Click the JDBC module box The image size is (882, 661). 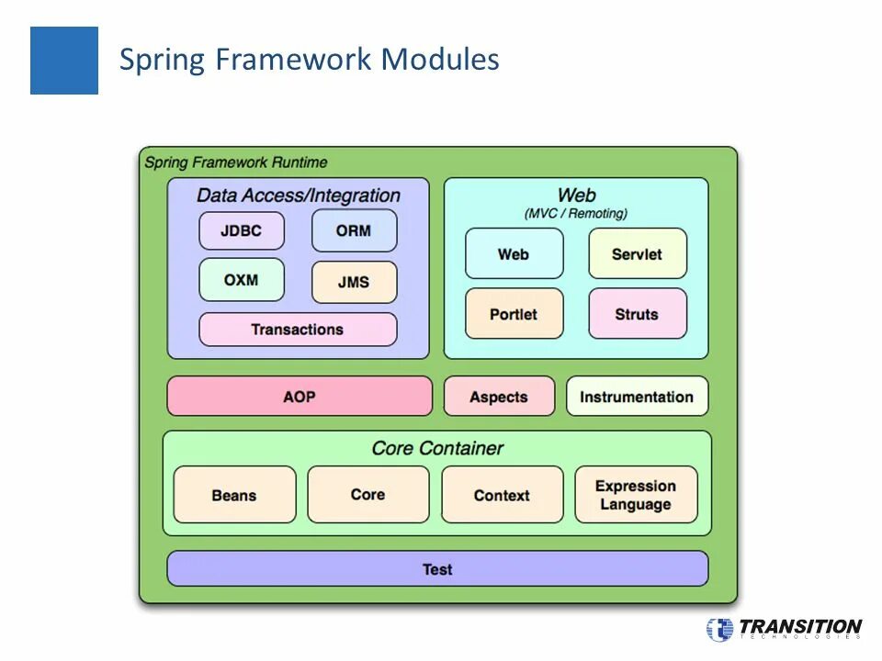pyautogui.click(x=242, y=231)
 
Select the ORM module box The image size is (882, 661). pyautogui.click(x=354, y=230)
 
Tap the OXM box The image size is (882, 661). pyautogui.click(x=242, y=280)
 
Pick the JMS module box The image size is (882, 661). pyautogui.click(x=354, y=283)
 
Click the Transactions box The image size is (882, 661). pyautogui.click(x=298, y=330)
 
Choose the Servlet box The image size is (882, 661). pyautogui.click(x=638, y=254)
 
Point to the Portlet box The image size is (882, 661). pyautogui.click(x=514, y=314)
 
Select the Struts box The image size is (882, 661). pyautogui.click(x=638, y=314)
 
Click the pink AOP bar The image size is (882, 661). pyautogui.click(x=300, y=397)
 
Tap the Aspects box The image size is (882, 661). pyautogui.click(x=499, y=397)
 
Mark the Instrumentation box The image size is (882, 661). pyautogui.click(x=637, y=397)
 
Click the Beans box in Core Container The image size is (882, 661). pyautogui.click(x=234, y=496)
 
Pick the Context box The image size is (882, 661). pyautogui.click(x=502, y=496)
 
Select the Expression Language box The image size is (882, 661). pyautogui.click(x=636, y=496)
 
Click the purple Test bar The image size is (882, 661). pyautogui.click(x=437, y=569)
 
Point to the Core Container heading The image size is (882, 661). pyautogui.click(x=437, y=448)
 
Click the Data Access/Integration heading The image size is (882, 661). pyautogui.click(x=299, y=196)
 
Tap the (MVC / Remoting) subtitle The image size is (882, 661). pyautogui.click(x=576, y=213)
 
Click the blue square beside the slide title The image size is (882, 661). pyautogui.click(x=64, y=61)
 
